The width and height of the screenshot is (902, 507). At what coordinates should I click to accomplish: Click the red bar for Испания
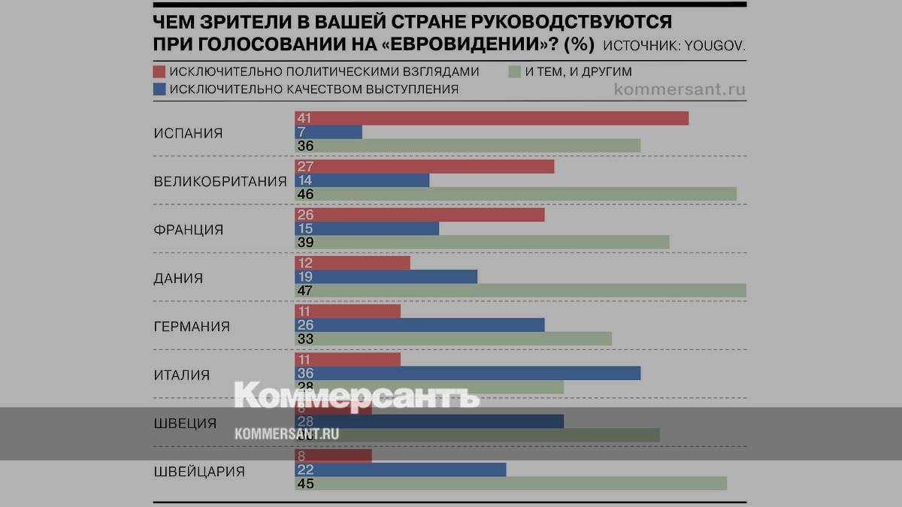(492, 119)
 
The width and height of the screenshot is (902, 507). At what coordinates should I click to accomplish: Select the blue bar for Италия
(467, 373)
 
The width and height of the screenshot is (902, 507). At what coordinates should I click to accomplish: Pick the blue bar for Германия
(419, 325)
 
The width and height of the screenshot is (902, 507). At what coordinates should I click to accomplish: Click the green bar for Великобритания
(515, 194)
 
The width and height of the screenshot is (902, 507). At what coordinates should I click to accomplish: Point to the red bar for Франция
(419, 215)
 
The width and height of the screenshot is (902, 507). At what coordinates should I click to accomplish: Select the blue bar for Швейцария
(400, 469)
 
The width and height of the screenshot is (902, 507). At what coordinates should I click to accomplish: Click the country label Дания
(178, 278)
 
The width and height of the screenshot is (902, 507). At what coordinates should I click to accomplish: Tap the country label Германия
(192, 327)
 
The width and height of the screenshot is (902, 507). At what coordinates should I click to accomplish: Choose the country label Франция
(189, 230)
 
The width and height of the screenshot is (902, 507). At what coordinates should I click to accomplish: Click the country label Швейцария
(199, 472)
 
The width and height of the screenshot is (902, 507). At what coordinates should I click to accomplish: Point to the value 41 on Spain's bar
(304, 119)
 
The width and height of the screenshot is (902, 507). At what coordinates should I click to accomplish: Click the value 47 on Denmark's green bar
(304, 291)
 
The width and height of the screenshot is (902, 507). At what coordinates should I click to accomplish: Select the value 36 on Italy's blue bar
(304, 373)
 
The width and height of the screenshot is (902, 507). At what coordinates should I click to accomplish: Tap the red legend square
(159, 72)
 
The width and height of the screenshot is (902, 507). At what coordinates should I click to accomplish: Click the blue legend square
(159, 89)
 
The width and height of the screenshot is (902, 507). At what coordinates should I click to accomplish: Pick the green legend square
(515, 72)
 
